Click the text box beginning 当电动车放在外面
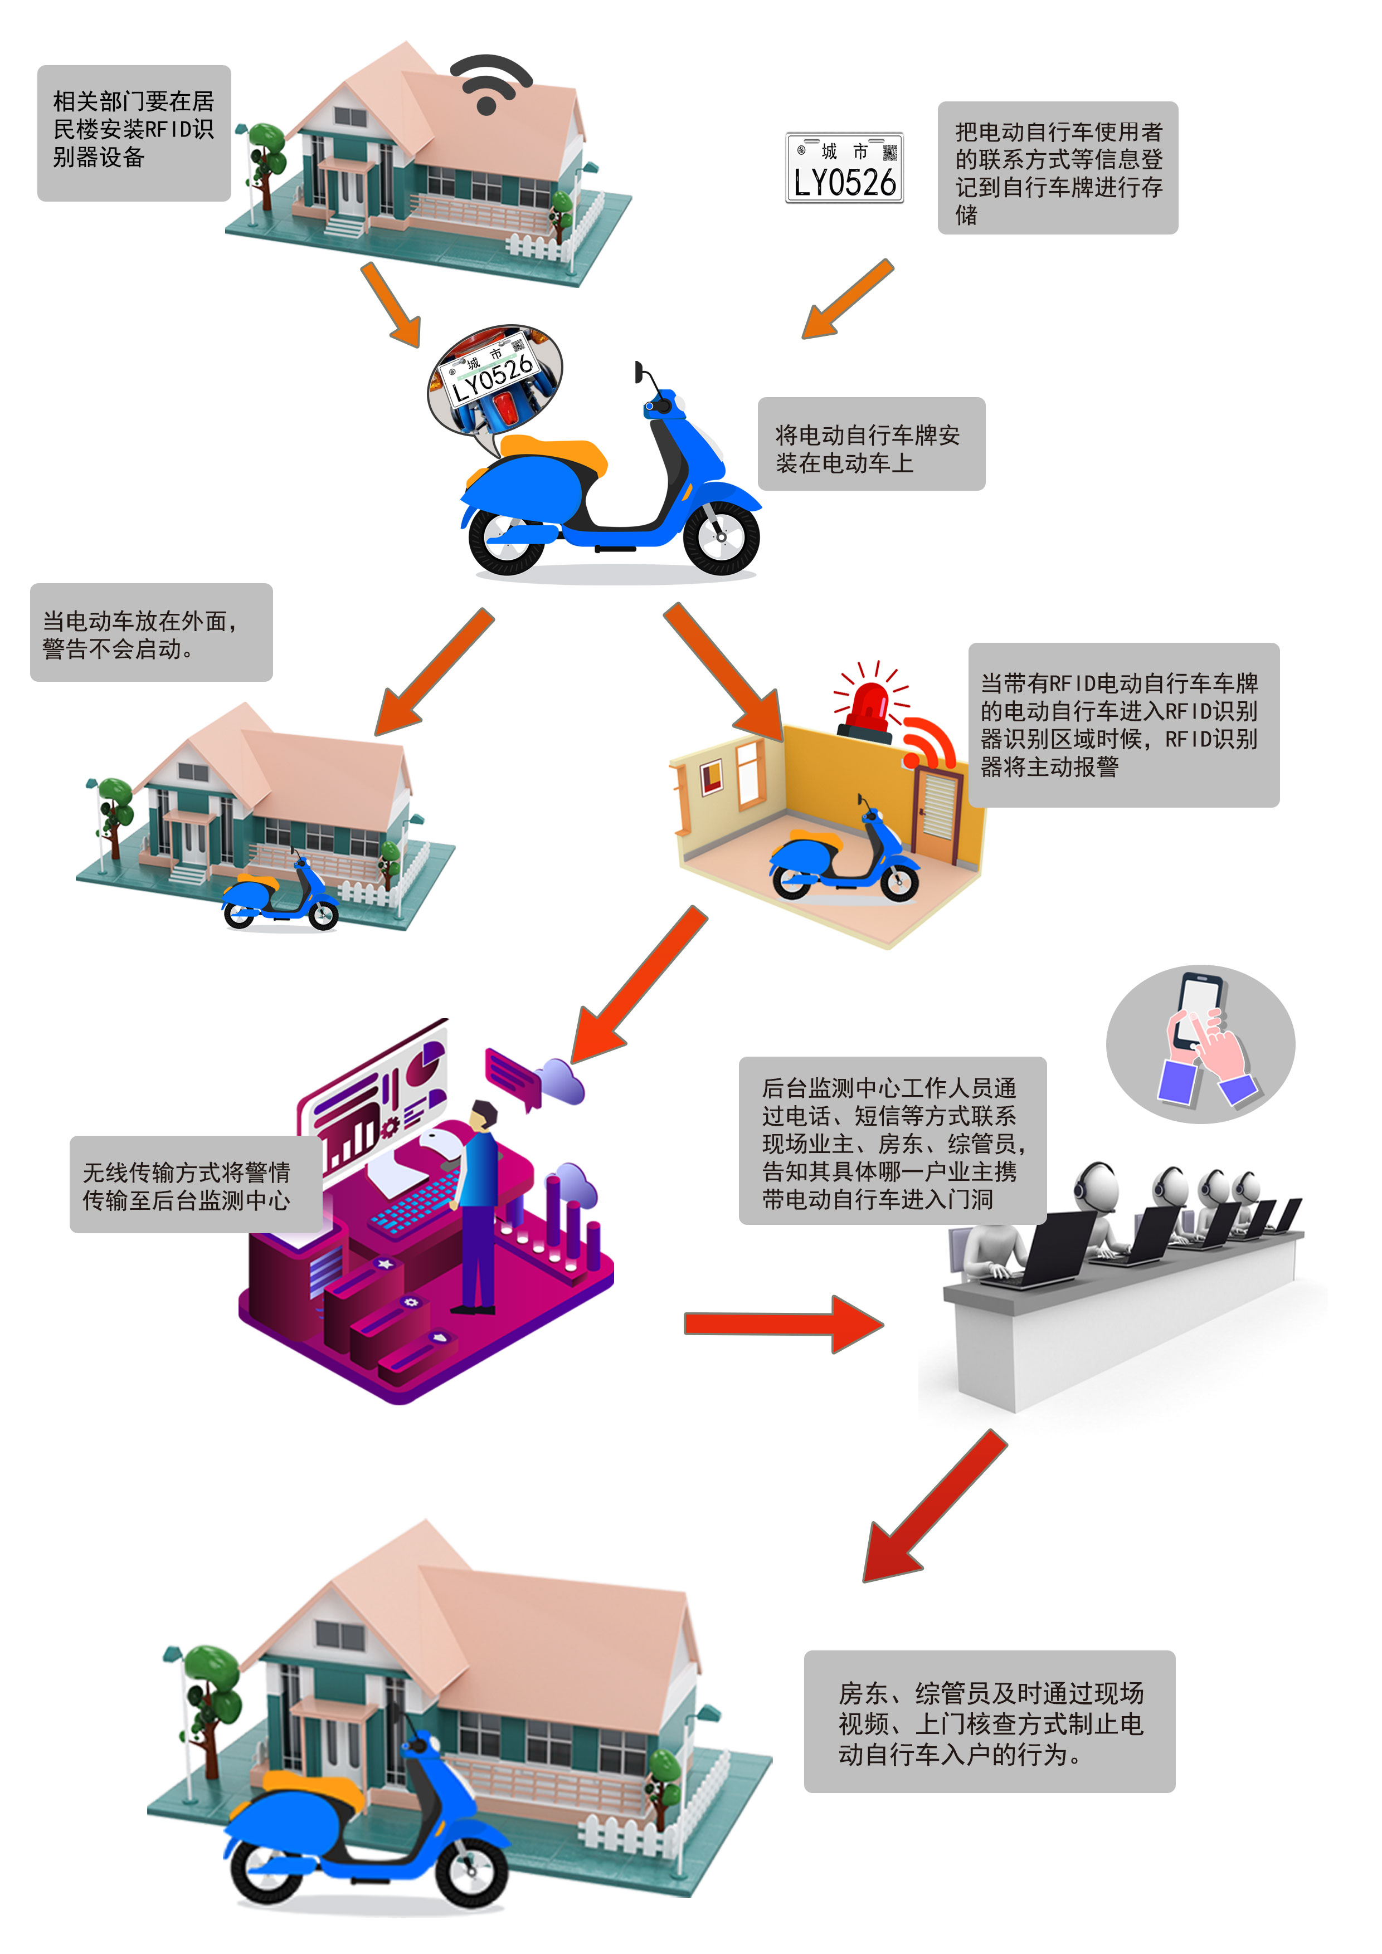[150, 632]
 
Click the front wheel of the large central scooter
[721, 537]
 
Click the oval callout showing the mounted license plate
[494, 379]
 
